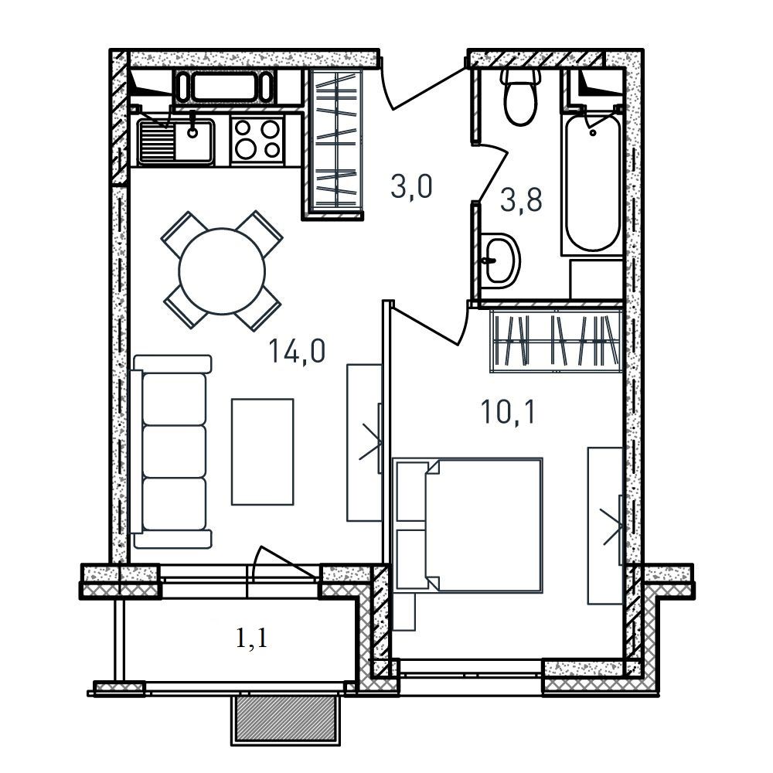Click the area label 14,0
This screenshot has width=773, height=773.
[297, 351]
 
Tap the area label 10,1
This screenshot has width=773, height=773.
[509, 412]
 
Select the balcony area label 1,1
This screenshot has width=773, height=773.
[251, 638]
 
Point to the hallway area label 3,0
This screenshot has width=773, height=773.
[411, 186]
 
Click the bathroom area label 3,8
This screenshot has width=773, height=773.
[521, 200]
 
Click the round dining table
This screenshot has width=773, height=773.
[222, 271]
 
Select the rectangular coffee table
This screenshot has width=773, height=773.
[262, 451]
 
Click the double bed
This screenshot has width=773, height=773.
[468, 524]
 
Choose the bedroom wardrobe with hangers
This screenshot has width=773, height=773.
[557, 340]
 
